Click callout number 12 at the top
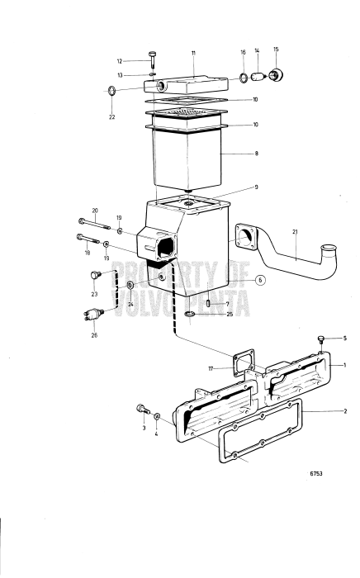pyautogui.click(x=120, y=61)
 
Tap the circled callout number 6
pyautogui.click(x=260, y=280)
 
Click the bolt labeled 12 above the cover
pyautogui.click(x=154, y=57)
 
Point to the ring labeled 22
pyautogui.click(x=111, y=90)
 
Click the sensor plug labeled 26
pyautogui.click(x=92, y=315)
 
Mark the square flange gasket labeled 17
pyautogui.click(x=243, y=364)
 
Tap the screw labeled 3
pyautogui.click(x=143, y=409)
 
